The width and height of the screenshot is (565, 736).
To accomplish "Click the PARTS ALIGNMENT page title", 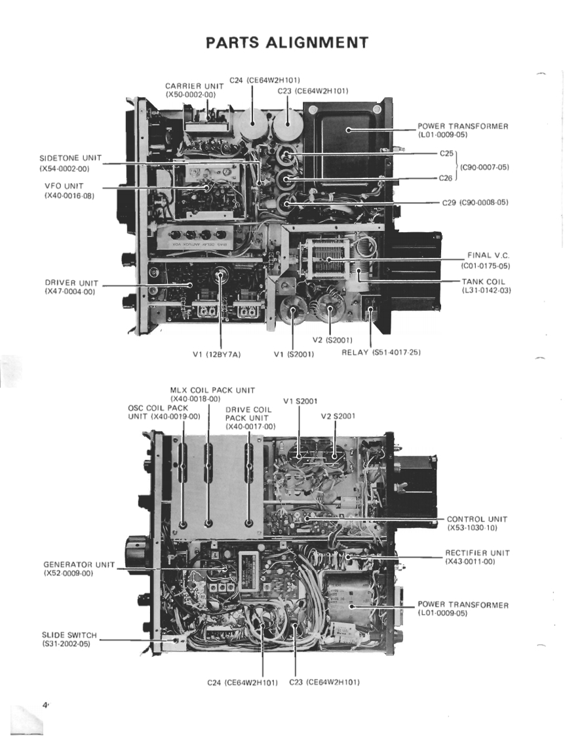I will tap(287, 43).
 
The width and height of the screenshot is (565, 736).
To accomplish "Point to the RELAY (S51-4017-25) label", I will tap(381, 352).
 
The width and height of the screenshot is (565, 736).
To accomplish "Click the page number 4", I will tap(46, 705).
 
